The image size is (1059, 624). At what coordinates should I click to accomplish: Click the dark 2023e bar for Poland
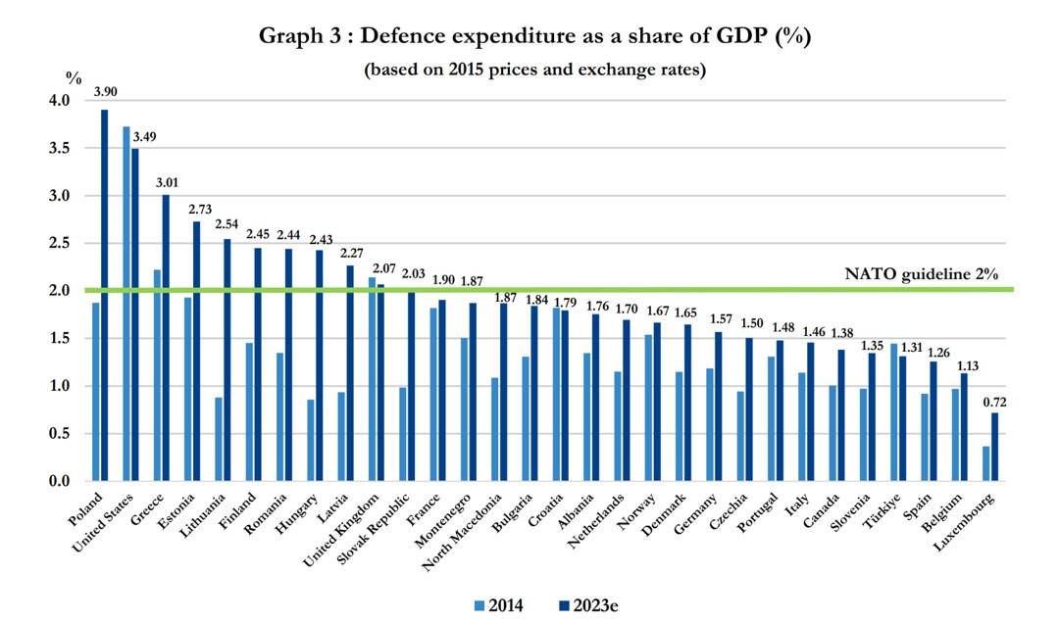point(104,294)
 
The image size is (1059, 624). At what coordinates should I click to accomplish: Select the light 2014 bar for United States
point(126,304)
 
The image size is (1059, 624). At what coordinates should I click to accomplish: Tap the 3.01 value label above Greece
point(166,182)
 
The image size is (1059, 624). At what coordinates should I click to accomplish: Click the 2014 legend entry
point(497,605)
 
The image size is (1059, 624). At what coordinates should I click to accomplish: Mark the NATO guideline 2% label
point(921,274)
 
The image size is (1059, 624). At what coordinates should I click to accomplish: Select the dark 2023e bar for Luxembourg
point(995,447)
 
